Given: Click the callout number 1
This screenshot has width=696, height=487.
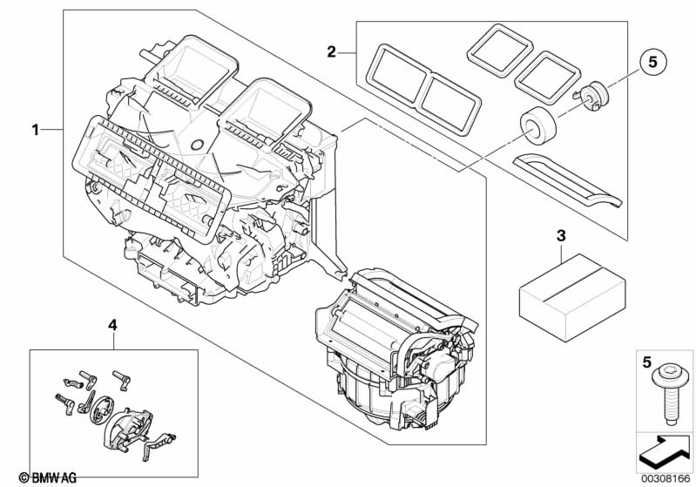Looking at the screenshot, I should pos(36,130).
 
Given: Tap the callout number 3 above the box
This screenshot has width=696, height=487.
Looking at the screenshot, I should pos(561,236).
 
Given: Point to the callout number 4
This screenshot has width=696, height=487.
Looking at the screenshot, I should pos(111,325).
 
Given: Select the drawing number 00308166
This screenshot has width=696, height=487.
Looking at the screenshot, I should pos(666,477).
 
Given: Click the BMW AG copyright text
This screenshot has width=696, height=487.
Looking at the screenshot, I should pos(48,477).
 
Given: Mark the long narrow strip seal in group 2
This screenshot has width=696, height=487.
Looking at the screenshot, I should pos(570,178).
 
